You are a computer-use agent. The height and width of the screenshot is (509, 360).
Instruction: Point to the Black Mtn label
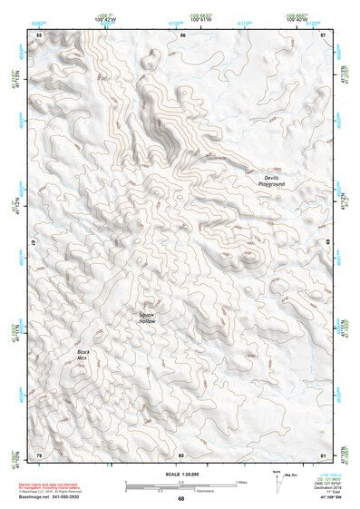84,355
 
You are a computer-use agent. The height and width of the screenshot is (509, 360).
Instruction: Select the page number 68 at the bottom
180,499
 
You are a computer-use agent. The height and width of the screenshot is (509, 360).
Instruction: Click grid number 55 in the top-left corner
39,34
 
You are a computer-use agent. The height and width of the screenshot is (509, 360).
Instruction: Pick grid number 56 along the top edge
182,34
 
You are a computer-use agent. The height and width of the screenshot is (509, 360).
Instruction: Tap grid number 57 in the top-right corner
323,34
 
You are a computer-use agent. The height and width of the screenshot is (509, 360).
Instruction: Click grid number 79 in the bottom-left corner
39,455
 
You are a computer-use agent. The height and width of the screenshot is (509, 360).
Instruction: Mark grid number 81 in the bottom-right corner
323,455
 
